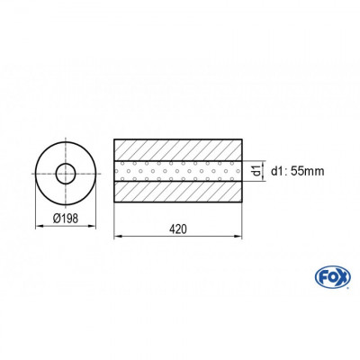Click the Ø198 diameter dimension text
click(x=66, y=217)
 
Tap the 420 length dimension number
click(x=178, y=229)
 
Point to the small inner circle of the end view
click(x=66, y=172)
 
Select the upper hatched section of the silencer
click(x=178, y=148)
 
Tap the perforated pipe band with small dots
click(x=178, y=171)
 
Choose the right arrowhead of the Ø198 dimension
click(x=94, y=226)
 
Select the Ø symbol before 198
click(x=57, y=217)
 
